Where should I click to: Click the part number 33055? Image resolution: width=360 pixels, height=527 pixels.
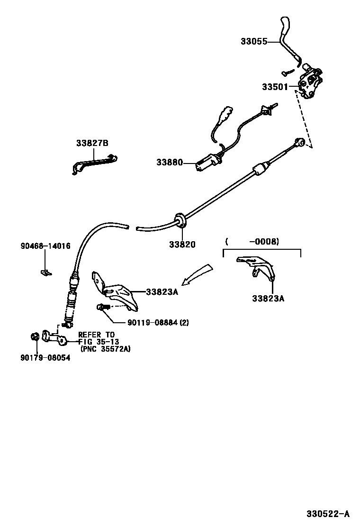pos(254,42)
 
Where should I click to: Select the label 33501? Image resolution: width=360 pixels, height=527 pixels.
pos(275,87)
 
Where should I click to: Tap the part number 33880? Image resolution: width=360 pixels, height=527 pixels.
pos(170,163)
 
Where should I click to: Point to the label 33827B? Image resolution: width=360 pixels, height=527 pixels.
pos(92,143)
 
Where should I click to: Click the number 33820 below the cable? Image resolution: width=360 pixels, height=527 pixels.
pos(182,245)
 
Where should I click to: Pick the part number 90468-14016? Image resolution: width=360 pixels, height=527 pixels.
pos(45,246)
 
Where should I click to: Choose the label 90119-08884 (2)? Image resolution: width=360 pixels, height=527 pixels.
pos(158,323)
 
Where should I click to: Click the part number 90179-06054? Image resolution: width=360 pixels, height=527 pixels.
pos(45,358)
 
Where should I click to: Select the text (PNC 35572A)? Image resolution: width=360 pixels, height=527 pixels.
pos(106,349)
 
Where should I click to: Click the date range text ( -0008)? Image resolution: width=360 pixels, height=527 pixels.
pos(252,242)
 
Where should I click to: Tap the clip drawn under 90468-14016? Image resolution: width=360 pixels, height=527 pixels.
pos(45,272)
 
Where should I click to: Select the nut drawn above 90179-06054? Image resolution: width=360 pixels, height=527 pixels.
pos(34,337)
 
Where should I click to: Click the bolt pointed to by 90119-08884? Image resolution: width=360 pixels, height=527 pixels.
pos(103,308)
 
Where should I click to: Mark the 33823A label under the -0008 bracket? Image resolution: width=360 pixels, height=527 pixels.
pos(268,299)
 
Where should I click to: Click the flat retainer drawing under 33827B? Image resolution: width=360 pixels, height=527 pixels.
pos(95,163)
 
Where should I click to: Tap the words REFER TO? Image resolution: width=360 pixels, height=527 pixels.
pos(96,335)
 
